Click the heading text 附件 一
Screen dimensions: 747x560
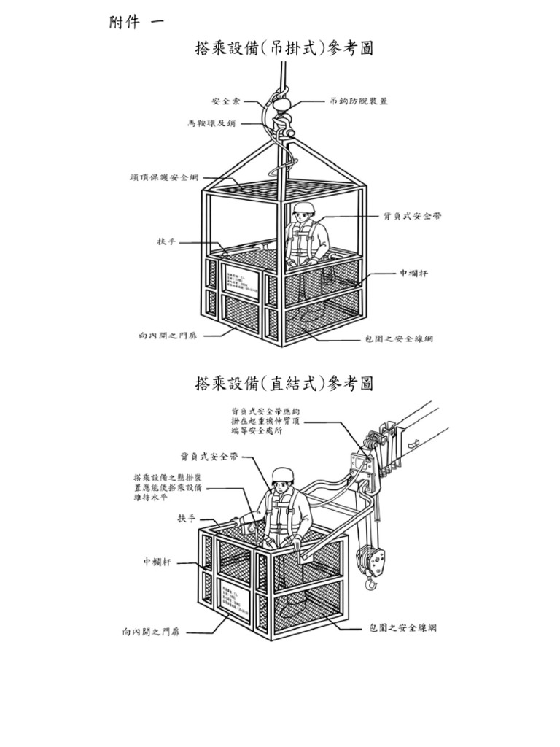click(x=136, y=21)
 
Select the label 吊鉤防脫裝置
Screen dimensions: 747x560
click(x=359, y=101)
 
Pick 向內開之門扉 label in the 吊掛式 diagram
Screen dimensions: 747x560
click(x=167, y=336)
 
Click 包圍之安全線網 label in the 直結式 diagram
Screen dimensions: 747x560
click(x=402, y=627)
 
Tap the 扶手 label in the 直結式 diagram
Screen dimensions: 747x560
click(x=187, y=518)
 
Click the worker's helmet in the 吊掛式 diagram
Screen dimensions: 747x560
click(x=304, y=208)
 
